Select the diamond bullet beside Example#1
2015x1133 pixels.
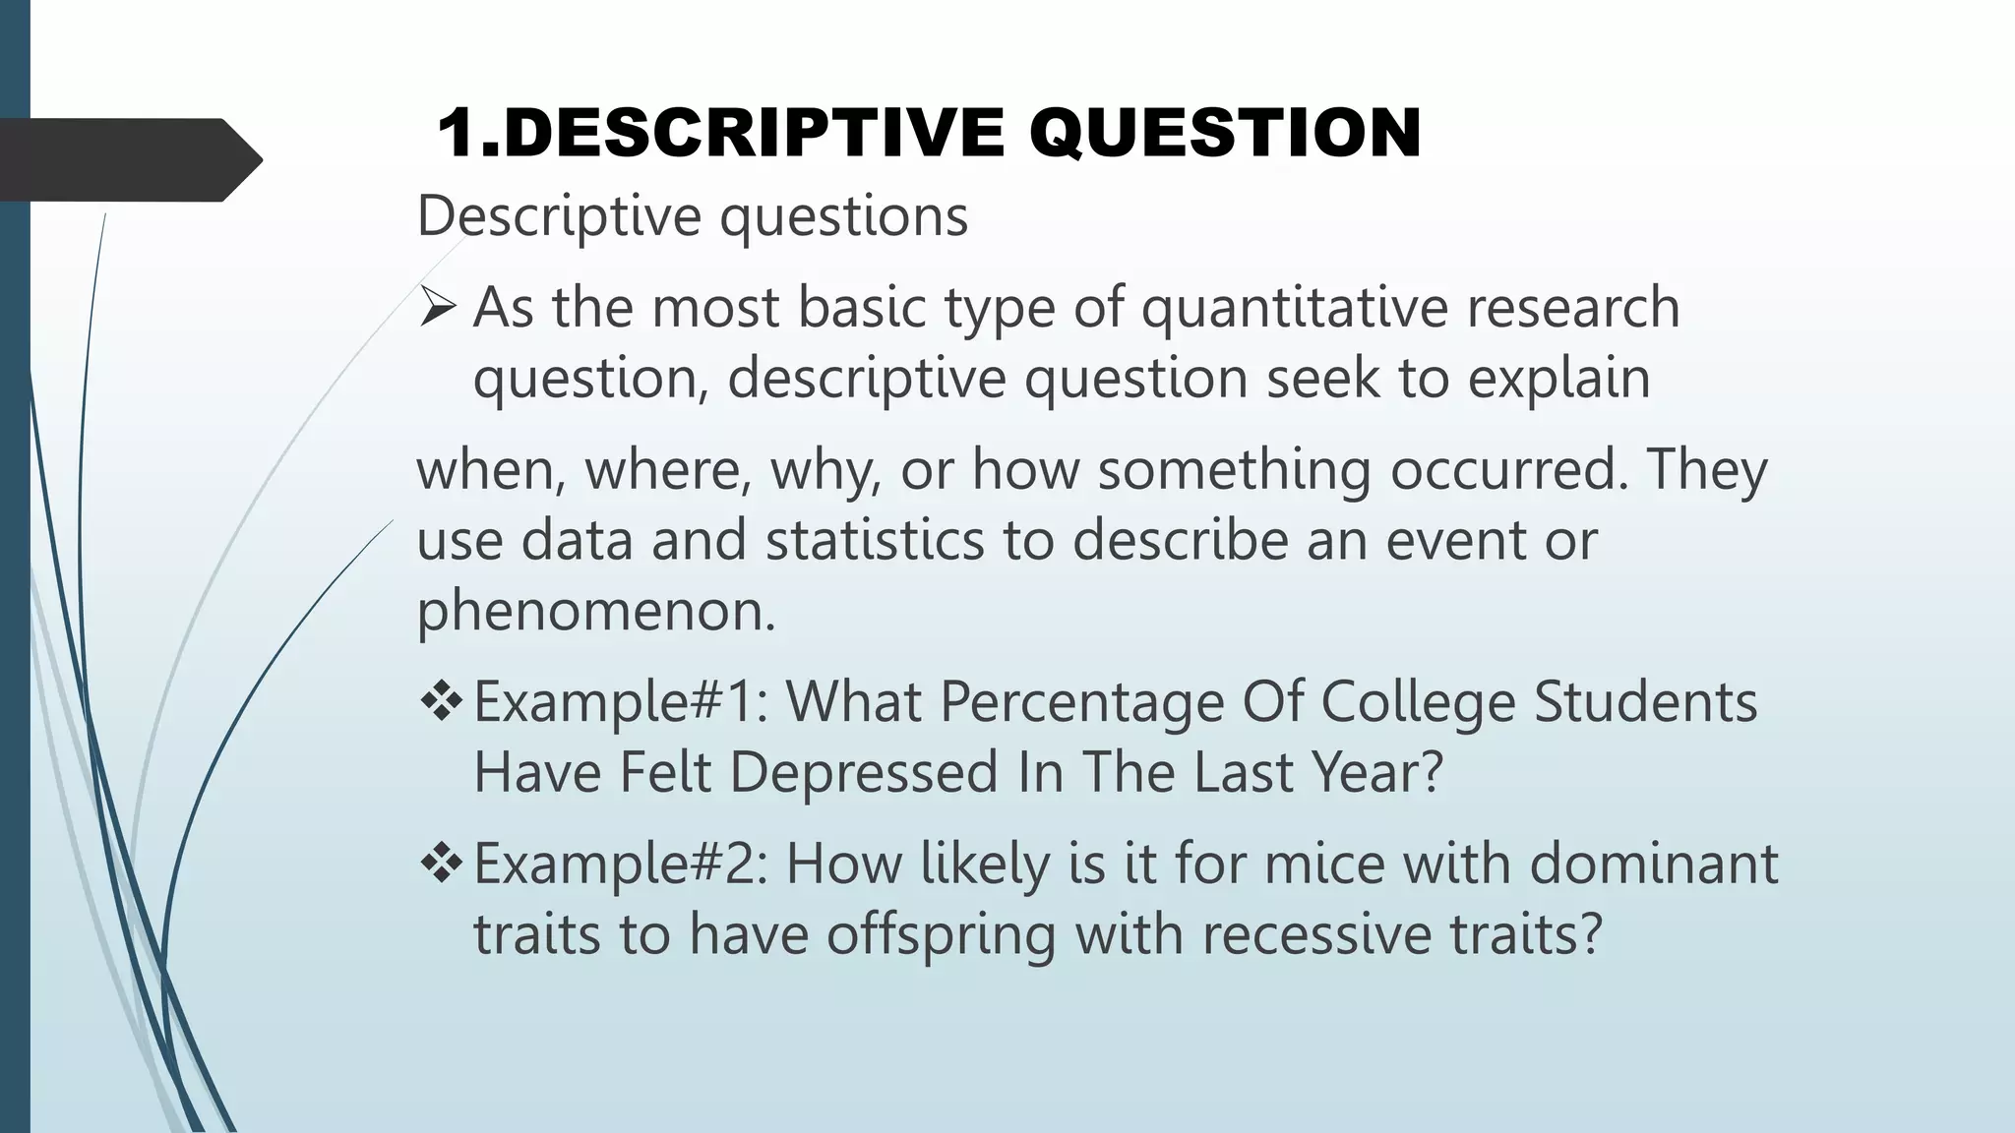pos(440,701)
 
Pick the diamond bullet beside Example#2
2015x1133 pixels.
pos(440,863)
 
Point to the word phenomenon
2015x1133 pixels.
pos(596,611)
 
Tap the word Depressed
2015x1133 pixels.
pos(864,772)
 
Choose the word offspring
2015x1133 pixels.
pos(941,934)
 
